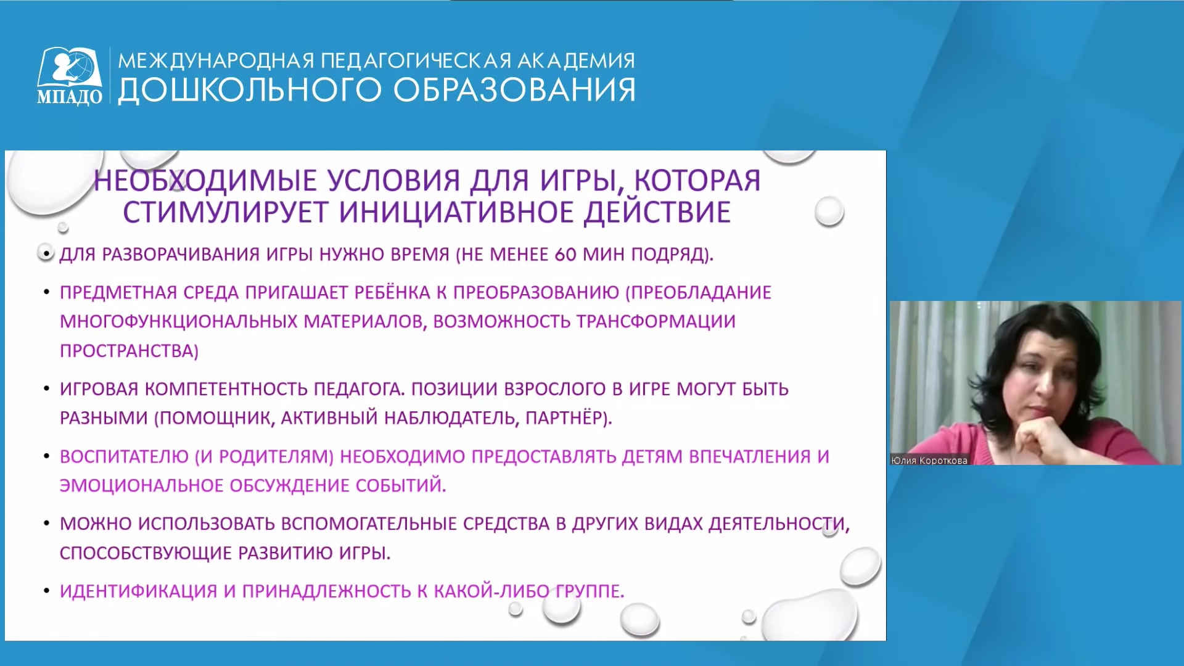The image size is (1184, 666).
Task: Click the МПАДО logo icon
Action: [x=70, y=76]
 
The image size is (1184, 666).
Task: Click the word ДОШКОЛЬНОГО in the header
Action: [x=250, y=90]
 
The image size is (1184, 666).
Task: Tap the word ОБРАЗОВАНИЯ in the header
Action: [x=514, y=90]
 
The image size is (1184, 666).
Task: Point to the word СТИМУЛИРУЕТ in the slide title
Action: [x=225, y=212]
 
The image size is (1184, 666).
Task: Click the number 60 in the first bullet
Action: [x=565, y=255]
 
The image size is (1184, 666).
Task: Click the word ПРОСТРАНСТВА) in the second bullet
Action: [x=129, y=351]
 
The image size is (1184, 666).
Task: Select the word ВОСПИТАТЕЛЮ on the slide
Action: [x=124, y=456]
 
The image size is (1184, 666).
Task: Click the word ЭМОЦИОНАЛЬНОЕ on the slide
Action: [x=141, y=486]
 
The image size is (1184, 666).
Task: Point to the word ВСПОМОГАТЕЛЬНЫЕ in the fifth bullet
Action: [x=369, y=524]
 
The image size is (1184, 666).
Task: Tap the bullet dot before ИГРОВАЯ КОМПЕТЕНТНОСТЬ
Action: [x=47, y=389]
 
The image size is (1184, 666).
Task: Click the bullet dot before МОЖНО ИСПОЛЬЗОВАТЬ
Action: [x=47, y=524]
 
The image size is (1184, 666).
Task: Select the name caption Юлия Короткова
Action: [x=929, y=460]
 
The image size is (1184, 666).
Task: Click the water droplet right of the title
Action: [x=829, y=212]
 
